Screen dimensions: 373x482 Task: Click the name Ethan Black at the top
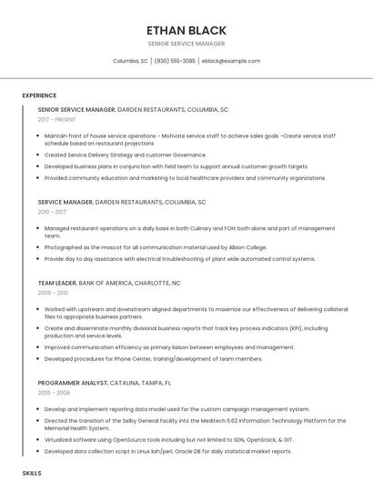click(x=186, y=30)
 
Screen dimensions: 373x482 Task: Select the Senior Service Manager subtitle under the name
click(x=186, y=44)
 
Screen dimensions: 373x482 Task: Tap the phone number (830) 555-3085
click(x=175, y=61)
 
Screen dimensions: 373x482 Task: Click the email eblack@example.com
click(x=231, y=61)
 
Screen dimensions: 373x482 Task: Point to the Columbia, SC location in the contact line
click(x=130, y=61)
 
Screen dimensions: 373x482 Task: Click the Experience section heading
click(x=39, y=95)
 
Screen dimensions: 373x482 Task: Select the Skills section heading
click(x=32, y=473)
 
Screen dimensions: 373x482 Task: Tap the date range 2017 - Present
click(x=57, y=119)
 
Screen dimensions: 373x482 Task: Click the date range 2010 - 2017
click(x=52, y=212)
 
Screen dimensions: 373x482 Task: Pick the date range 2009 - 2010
click(x=53, y=293)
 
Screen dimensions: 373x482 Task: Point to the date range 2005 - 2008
click(x=53, y=393)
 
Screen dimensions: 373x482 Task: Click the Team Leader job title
click(x=56, y=283)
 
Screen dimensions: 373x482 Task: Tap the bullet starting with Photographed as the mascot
click(x=155, y=246)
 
